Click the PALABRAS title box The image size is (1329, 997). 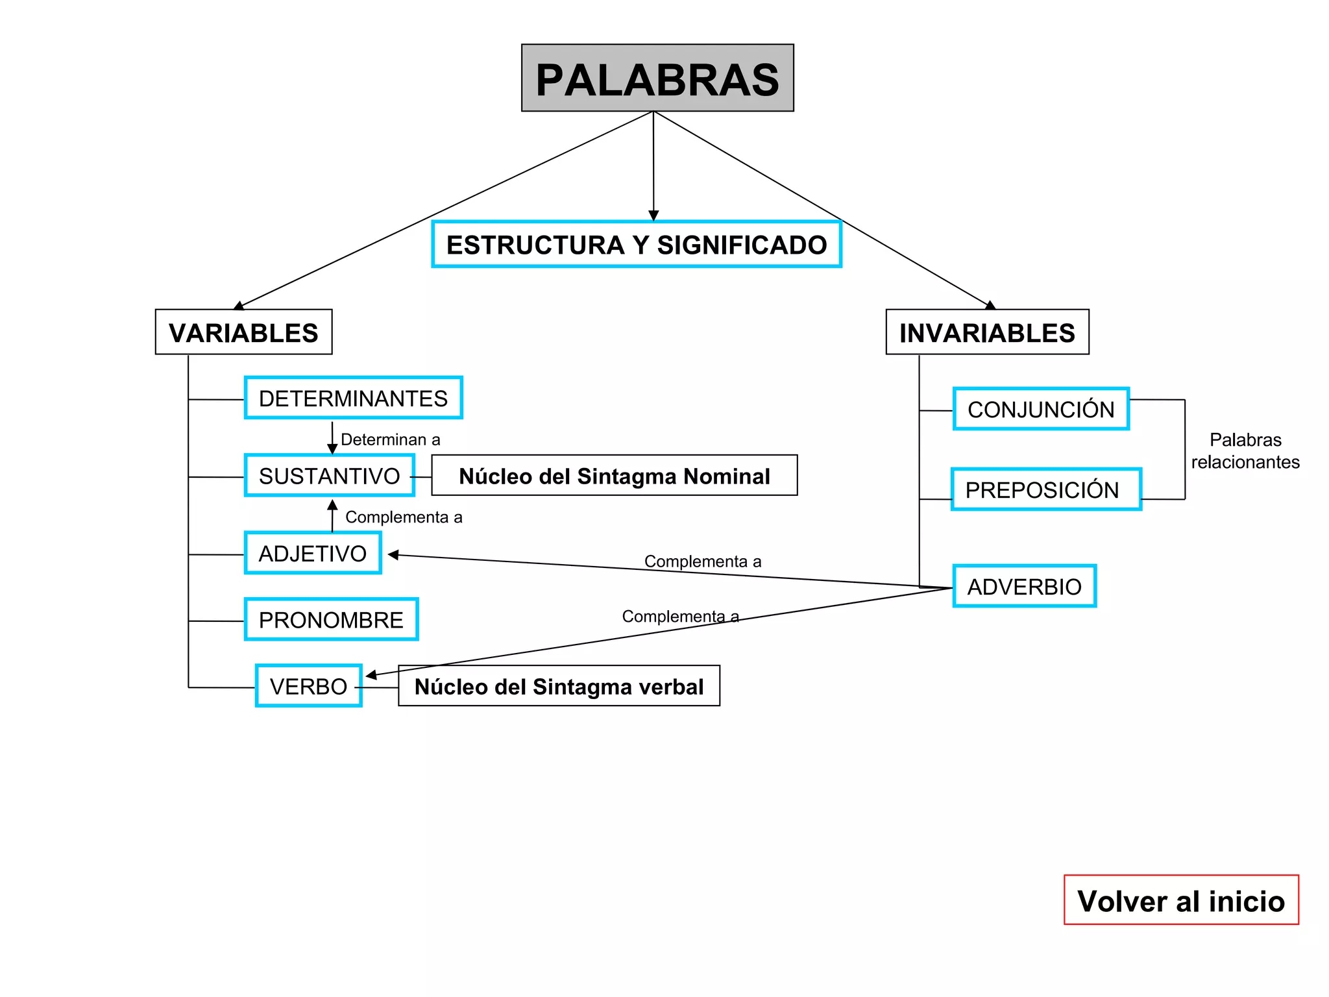(x=657, y=78)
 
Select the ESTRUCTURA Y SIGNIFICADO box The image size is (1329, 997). (x=637, y=245)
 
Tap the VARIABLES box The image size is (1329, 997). (x=243, y=332)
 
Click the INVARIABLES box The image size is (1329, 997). (x=987, y=332)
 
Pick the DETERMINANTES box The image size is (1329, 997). (x=353, y=398)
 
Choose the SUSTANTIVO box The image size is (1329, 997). (x=330, y=476)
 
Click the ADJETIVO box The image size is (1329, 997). (x=313, y=553)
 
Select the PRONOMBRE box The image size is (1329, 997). (x=331, y=620)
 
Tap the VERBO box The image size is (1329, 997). (x=309, y=686)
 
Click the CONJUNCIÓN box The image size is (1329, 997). (x=1041, y=409)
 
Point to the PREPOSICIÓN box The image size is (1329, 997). (x=1046, y=489)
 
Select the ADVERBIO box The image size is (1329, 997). (x=1025, y=586)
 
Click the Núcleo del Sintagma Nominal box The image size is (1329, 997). (x=614, y=476)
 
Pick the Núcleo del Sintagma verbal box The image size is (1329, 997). (x=559, y=686)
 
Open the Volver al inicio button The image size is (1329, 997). (x=1181, y=900)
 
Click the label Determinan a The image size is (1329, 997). (x=390, y=439)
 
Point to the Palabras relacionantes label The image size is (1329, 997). (x=1245, y=450)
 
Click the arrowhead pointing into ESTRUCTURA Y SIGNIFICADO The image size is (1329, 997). (x=653, y=215)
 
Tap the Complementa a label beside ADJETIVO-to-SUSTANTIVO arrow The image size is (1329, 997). (x=404, y=517)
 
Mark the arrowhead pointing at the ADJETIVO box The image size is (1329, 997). (x=393, y=555)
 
